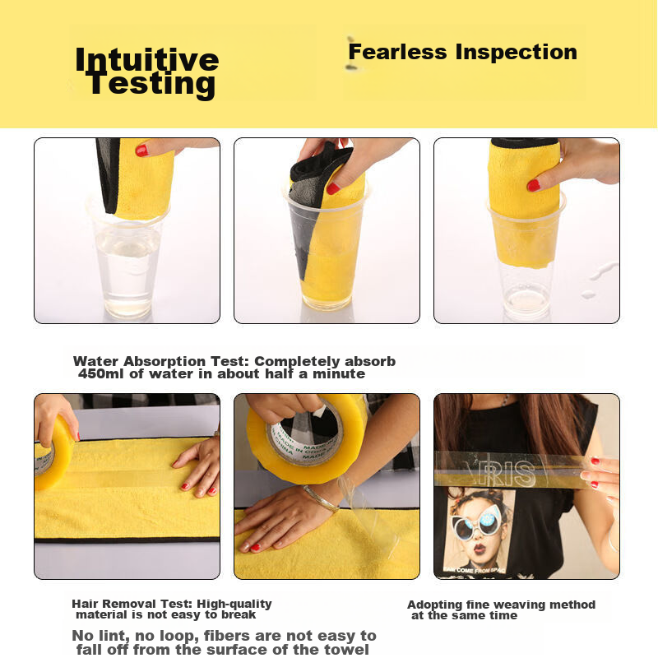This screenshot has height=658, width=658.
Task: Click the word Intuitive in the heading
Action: pyautogui.click(x=147, y=60)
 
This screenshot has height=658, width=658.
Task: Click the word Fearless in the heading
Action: pyautogui.click(x=397, y=52)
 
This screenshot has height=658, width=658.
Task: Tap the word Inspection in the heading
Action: pyautogui.click(x=517, y=53)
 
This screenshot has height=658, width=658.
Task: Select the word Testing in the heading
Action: pyautogui.click(x=151, y=85)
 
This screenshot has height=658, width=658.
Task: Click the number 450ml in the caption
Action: pyautogui.click(x=100, y=373)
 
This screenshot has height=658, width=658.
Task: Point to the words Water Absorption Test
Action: pyautogui.click(x=160, y=361)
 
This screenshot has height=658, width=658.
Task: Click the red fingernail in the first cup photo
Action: pyautogui.click(x=141, y=151)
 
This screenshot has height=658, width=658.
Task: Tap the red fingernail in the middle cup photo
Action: pyautogui.click(x=333, y=188)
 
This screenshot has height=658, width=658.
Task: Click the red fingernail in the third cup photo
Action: pyautogui.click(x=533, y=185)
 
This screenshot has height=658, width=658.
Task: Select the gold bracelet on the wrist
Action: pyautogui.click(x=322, y=499)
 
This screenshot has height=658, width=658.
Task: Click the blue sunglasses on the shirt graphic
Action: pyautogui.click(x=477, y=522)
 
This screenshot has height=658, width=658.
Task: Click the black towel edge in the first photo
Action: pyautogui.click(x=108, y=175)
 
